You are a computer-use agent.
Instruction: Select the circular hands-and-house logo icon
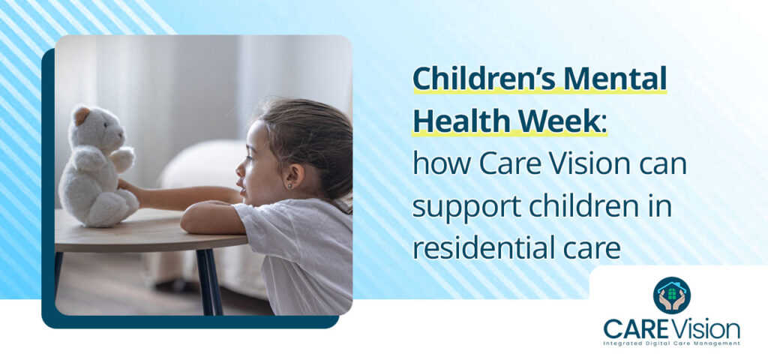click(x=672, y=295)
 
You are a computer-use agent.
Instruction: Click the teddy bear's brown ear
click(x=80, y=115)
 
